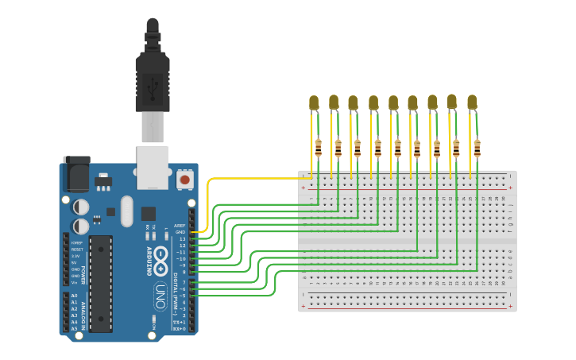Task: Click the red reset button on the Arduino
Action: (184, 180)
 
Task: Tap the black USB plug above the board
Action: (153, 75)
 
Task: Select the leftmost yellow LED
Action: (314, 103)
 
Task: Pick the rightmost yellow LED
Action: (472, 103)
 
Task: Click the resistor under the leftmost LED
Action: (318, 148)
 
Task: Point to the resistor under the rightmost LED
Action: (477, 148)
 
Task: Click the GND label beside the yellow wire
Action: (180, 232)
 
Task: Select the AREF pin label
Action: (180, 226)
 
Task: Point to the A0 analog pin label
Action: (75, 296)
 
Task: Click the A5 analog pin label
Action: (75, 327)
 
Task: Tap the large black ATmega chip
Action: (100, 283)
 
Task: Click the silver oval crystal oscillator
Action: (127, 211)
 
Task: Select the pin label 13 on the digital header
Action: (181, 238)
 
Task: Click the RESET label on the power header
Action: (77, 250)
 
